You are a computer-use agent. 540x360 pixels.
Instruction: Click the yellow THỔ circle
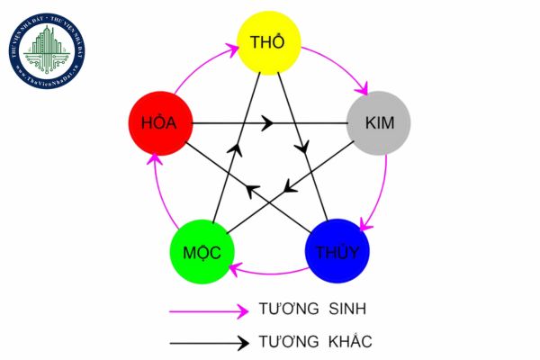268,42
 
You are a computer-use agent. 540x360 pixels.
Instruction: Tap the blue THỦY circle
337,251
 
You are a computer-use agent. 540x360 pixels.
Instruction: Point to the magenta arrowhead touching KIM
364,90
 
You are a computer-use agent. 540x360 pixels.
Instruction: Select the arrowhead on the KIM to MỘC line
288,188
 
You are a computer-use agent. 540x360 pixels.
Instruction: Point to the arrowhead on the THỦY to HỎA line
252,188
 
